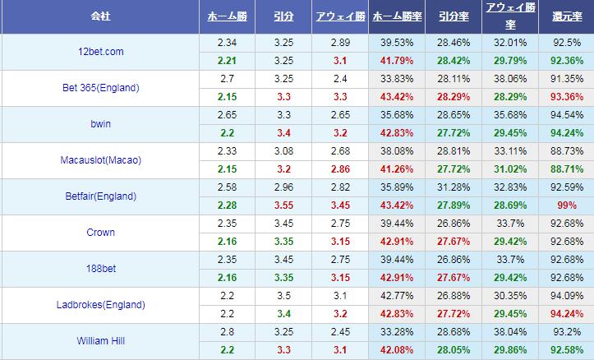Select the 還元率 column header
point(567,16)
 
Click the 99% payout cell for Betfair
point(567,205)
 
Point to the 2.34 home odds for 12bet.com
point(228,42)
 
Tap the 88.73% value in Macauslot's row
point(567,150)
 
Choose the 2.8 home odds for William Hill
point(228,331)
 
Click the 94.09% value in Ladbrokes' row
point(567,295)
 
